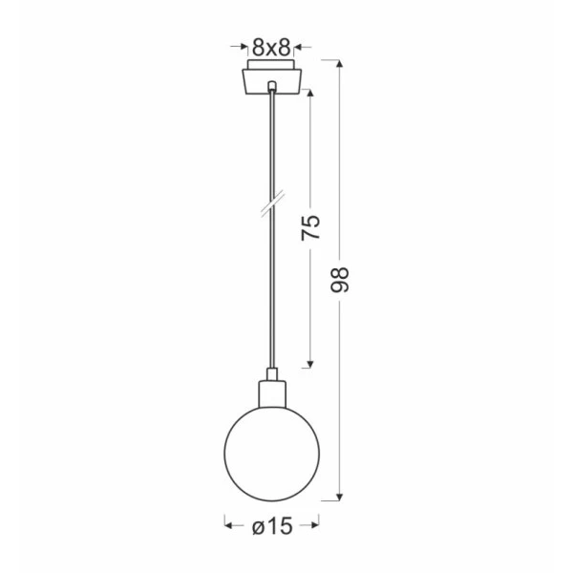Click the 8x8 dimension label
(x=271, y=47)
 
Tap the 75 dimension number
(x=310, y=228)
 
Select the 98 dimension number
(x=340, y=280)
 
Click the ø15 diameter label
(x=272, y=526)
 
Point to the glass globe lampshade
(x=271, y=454)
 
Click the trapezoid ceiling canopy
(x=272, y=81)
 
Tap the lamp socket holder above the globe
(x=272, y=393)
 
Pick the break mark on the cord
(x=272, y=204)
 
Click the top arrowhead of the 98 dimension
(x=340, y=64)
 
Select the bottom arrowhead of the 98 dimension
(x=340, y=497)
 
